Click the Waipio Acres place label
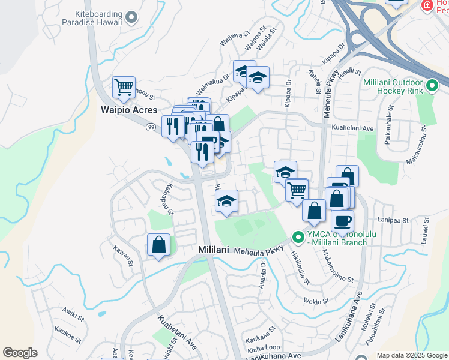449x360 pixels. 128,110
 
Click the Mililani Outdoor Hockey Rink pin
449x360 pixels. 432,87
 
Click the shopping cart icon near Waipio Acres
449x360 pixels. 124,88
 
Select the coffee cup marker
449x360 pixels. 342,220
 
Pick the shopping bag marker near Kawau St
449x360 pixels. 158,245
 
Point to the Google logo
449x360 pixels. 20,353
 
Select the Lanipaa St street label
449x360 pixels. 393,220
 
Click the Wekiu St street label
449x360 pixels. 316,301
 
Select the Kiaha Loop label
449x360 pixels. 264,347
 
